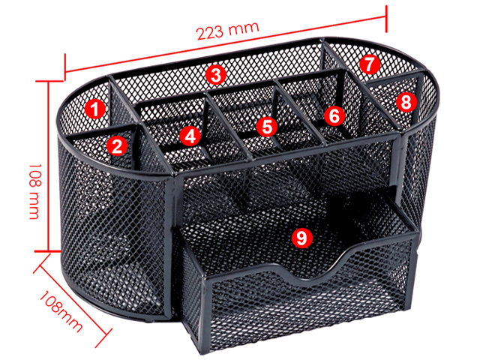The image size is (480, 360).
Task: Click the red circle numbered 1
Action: (95, 109)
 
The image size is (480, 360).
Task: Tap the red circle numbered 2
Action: (117, 146)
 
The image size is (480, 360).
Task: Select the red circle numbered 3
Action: (216, 75)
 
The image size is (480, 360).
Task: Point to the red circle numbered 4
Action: (190, 136)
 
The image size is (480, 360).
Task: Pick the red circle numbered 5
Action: (267, 127)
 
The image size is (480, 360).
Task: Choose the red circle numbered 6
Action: (334, 115)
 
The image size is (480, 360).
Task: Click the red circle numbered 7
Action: (370, 64)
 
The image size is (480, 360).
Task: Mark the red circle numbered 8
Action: (406, 103)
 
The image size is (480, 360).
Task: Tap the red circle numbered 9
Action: (301, 237)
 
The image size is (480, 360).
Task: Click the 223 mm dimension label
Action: (228, 31)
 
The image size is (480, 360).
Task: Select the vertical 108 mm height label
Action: (35, 191)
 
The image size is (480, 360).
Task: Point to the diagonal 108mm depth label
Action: (61, 311)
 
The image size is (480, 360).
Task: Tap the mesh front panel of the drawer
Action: (309, 303)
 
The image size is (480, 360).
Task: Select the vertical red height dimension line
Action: (48, 166)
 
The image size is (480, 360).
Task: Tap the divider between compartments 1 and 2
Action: (101, 130)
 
